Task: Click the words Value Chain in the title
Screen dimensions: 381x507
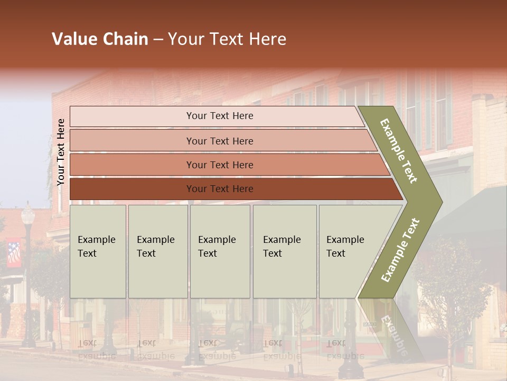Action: (x=100, y=39)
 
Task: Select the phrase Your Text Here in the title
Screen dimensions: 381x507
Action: (x=227, y=39)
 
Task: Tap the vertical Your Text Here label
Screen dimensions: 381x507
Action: (x=61, y=152)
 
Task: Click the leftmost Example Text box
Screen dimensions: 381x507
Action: (x=98, y=251)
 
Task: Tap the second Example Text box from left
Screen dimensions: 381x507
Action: (x=158, y=251)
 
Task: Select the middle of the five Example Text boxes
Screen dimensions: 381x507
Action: (x=220, y=251)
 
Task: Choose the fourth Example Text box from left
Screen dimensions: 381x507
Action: (x=284, y=251)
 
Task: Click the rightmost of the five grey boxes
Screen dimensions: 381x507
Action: (x=349, y=251)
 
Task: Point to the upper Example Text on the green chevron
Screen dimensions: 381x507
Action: (x=399, y=151)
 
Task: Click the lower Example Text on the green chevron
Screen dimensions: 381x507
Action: (x=400, y=250)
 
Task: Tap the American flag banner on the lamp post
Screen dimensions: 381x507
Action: (x=14, y=253)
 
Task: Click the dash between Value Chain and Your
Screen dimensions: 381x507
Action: (x=157, y=40)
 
